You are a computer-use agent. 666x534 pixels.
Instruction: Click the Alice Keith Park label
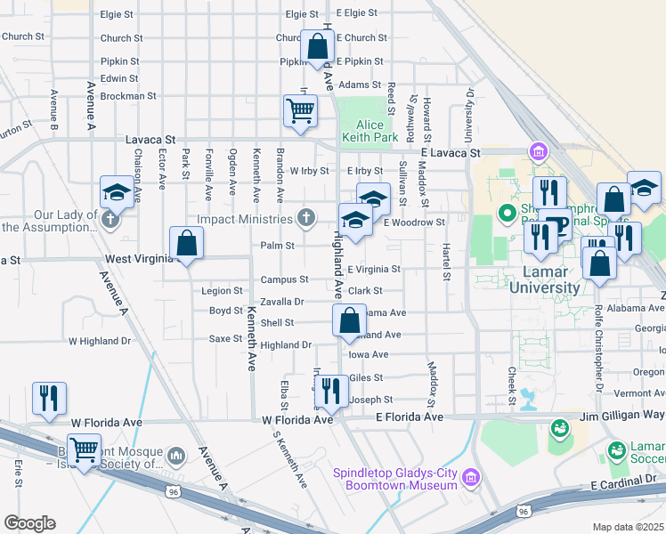(377, 131)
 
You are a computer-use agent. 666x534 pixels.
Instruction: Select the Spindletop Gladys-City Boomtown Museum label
(395, 478)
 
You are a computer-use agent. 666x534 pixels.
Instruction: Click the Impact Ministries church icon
(306, 217)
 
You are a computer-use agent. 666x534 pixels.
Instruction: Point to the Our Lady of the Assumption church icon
(110, 219)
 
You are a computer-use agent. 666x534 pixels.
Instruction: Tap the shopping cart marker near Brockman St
(300, 111)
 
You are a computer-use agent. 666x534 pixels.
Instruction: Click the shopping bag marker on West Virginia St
(186, 243)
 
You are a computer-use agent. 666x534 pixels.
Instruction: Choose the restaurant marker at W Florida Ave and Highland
(330, 390)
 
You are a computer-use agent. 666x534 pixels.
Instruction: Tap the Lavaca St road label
(150, 140)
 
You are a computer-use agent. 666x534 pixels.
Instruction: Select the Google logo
(29, 523)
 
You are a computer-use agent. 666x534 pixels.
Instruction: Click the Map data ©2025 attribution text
(628, 527)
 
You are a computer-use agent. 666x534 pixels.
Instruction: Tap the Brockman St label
(128, 95)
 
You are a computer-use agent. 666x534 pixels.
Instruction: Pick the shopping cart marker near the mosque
(84, 450)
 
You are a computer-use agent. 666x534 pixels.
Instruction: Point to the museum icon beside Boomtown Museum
(472, 479)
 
